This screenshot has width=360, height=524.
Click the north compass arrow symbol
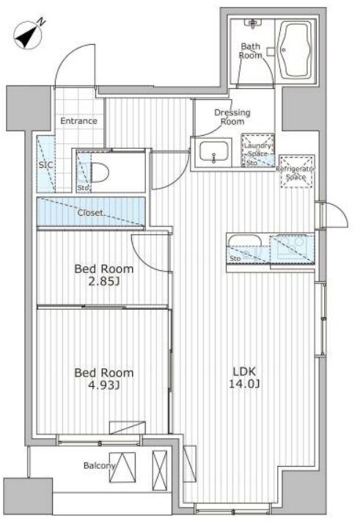tap(28, 34)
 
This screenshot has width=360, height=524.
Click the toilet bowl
tap(99, 172)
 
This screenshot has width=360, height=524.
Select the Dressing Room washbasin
tap(214, 152)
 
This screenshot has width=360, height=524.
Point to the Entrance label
tap(78, 120)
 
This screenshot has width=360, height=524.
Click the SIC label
tap(45, 164)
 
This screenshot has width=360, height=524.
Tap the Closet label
tap(90, 213)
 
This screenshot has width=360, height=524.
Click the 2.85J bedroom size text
tap(104, 282)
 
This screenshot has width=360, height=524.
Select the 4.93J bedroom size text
tap(104, 385)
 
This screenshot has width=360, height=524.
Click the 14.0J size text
tap(244, 384)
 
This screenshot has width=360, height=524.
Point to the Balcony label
tap(99, 465)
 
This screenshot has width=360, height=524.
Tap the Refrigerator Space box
tap(296, 171)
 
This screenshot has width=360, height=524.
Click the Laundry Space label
tap(257, 150)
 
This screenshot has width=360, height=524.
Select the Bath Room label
tap(251, 51)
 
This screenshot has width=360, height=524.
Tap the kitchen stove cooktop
tap(293, 247)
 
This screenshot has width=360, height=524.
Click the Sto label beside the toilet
tap(83, 188)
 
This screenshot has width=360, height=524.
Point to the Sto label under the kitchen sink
tap(235, 258)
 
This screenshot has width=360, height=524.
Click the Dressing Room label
tap(232, 117)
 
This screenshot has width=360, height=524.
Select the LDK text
tap(244, 371)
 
